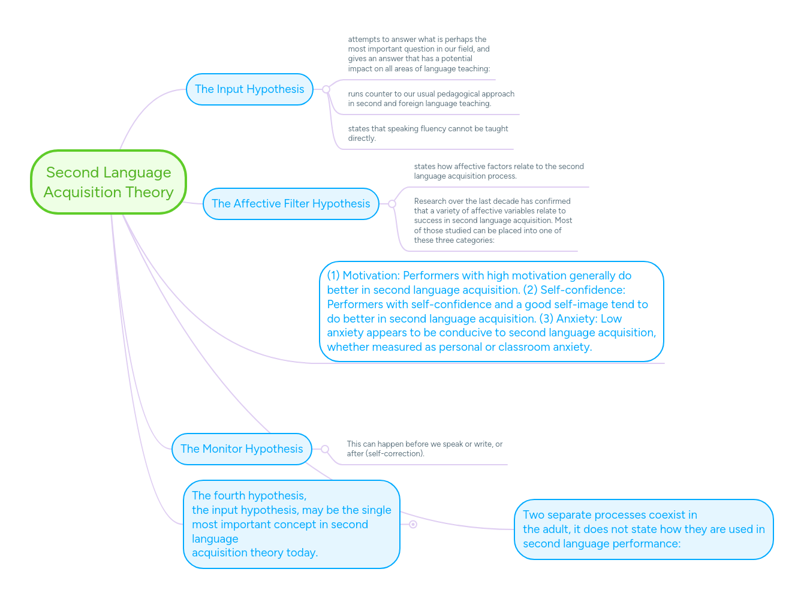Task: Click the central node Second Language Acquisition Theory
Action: coord(109,182)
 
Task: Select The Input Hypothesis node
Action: coord(249,89)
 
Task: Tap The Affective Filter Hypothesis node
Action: coord(291,204)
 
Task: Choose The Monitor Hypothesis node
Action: coord(242,449)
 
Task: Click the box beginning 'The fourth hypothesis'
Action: coord(291,524)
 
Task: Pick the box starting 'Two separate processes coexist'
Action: coord(643,529)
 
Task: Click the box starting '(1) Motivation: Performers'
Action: coord(491,311)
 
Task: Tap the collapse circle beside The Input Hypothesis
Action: coord(326,89)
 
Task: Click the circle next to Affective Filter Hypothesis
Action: coord(392,204)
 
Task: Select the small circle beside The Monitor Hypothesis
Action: coord(325,449)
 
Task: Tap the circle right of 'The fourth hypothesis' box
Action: coord(413,524)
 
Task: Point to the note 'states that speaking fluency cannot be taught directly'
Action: coord(427,133)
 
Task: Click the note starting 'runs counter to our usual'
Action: coord(431,98)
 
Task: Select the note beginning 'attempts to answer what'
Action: coord(419,54)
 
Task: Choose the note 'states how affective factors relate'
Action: coord(498,171)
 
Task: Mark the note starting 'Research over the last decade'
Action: coord(493,221)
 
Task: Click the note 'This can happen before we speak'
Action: coord(424,449)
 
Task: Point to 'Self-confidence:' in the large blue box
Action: coord(583,290)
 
